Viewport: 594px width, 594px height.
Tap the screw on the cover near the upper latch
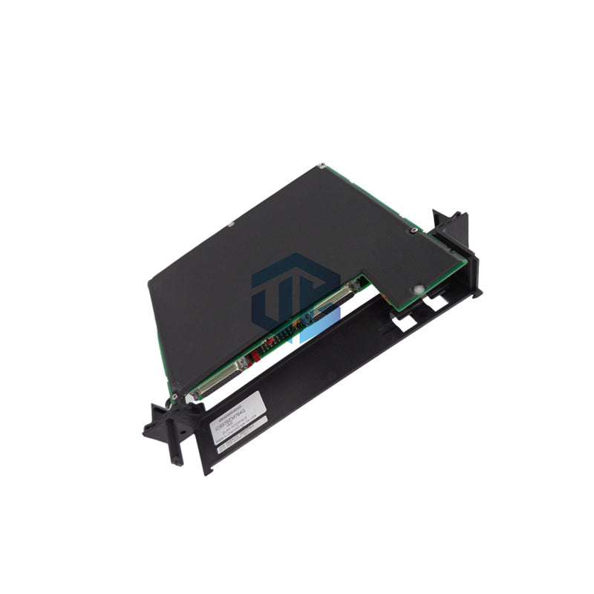[413, 232]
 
